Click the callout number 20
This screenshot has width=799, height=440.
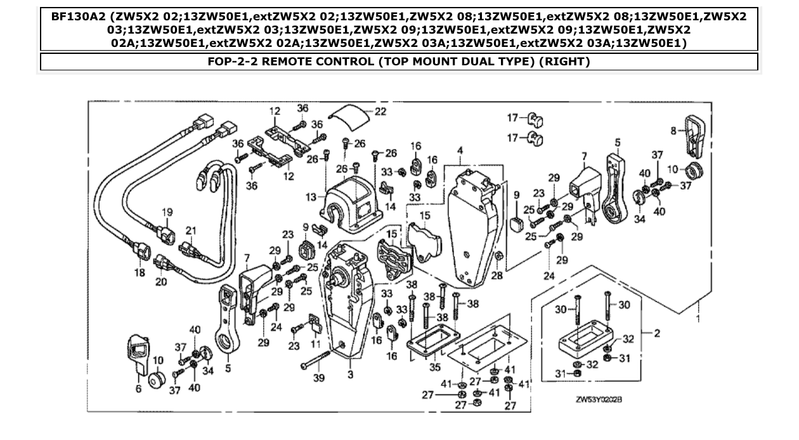[161, 281]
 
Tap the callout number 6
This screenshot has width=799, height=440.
[138, 389]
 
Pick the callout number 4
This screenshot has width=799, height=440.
[460, 151]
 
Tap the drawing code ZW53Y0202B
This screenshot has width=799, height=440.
[598, 400]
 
